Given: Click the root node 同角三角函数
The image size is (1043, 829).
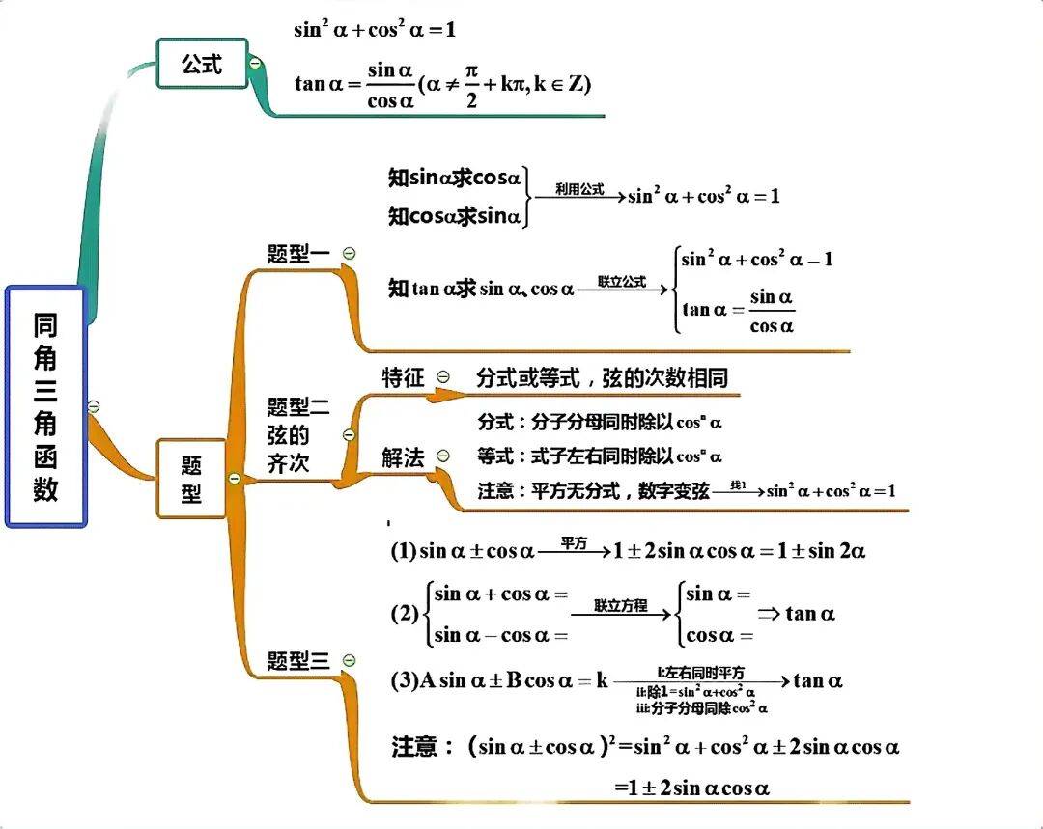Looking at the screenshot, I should coord(46,406).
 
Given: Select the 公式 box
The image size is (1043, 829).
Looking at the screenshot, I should coord(202,65).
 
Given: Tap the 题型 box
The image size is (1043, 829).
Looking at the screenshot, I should coord(191,479).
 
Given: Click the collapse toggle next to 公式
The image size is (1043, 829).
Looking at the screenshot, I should coord(255,64).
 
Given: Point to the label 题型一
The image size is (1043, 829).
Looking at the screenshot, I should coord(297,254).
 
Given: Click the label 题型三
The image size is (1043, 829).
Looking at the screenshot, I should coord(297,661).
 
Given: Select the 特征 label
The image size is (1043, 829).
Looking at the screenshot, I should coord(403,378).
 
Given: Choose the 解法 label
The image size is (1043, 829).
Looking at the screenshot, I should coord(403,457).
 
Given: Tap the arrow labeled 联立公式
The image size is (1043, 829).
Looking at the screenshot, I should coord(623,287).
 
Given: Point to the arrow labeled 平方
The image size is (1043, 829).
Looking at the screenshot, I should coord(575,551).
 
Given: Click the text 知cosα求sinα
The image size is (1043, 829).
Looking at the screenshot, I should coord(454,216).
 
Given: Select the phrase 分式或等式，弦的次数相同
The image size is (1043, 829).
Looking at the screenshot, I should coord(602,378).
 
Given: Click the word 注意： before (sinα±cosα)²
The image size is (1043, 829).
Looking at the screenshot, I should coord(421,747).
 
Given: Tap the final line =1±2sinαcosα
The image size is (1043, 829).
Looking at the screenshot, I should coord(691,788).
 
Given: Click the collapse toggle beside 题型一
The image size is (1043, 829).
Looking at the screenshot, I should coord(350,253).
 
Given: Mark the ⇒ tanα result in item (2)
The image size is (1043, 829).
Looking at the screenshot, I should coord(797,613).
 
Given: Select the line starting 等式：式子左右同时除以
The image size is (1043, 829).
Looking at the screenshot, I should coord(600,456).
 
